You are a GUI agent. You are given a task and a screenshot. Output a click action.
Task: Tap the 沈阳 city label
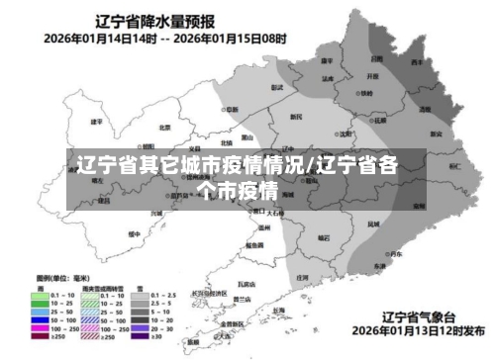[346, 132]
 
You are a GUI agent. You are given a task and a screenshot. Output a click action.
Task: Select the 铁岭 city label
[366, 93]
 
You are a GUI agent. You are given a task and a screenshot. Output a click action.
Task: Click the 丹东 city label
[395, 254]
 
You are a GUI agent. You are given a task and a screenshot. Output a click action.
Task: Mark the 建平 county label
[97, 122]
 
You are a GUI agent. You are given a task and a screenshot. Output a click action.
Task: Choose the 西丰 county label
[418, 60]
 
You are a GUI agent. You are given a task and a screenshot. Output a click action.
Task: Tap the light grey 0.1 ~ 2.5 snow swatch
[142, 295]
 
